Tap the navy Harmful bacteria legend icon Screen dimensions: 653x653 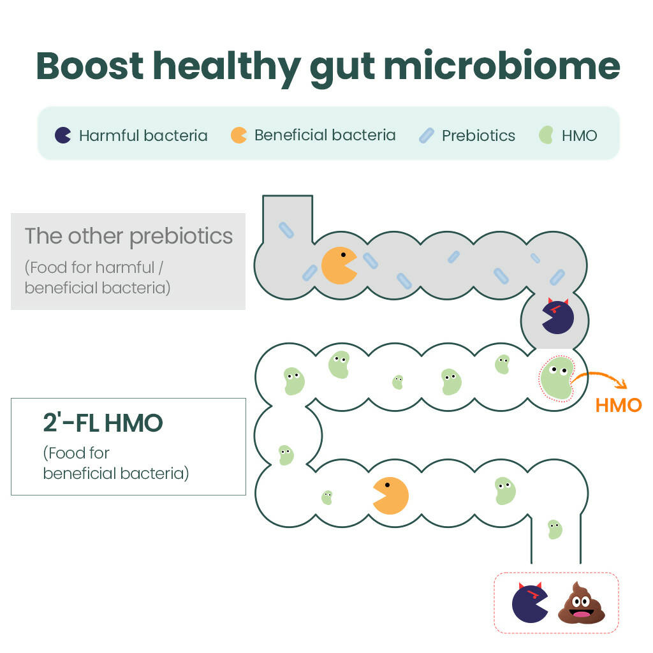click(62, 135)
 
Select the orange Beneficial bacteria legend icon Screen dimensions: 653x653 click(238, 135)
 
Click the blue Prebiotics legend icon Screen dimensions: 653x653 click(426, 135)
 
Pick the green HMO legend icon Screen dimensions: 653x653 click(546, 135)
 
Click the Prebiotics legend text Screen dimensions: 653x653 click(478, 136)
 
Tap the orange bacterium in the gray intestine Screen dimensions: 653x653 click(339, 265)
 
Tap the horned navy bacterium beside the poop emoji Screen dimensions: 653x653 click(530, 603)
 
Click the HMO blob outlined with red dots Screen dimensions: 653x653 click(556, 379)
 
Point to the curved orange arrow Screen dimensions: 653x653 click(599, 379)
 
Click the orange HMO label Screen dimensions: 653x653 click(618, 406)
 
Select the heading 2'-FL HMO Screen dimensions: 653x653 click(103, 423)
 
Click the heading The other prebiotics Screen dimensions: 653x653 click(129, 236)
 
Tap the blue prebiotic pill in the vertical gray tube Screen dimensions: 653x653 click(286, 230)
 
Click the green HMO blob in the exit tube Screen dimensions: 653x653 click(555, 529)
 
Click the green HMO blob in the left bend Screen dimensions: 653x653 click(286, 455)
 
